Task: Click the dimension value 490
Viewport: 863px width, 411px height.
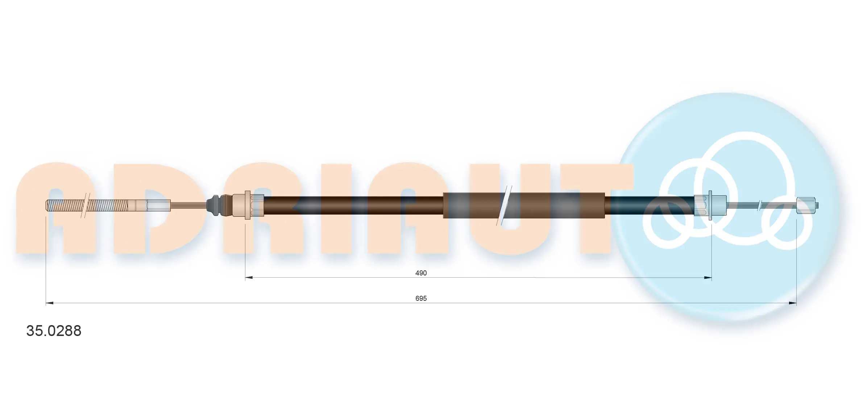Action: [x=421, y=273]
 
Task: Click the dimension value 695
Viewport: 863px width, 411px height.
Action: [x=421, y=298]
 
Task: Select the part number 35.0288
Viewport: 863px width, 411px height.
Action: [x=54, y=331]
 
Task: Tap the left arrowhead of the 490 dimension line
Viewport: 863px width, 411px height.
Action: [x=249, y=278]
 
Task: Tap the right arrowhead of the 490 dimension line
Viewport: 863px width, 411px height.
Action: [x=708, y=278]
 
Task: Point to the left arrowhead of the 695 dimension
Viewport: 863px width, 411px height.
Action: [x=50, y=303]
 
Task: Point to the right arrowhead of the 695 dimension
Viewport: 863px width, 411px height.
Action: [x=793, y=303]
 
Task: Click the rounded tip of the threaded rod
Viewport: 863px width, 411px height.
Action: [x=47, y=205]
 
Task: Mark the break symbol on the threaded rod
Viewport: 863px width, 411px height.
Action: [x=86, y=205]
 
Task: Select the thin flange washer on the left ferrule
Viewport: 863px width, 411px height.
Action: [x=248, y=205]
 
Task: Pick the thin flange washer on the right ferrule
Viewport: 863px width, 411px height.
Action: [x=710, y=205]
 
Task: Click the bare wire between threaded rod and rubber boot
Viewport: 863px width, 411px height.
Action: [x=188, y=205]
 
